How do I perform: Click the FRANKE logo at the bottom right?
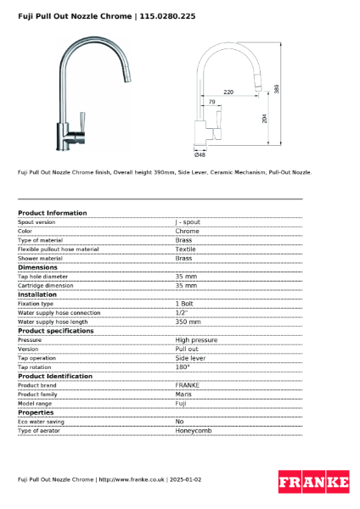(x=313, y=483)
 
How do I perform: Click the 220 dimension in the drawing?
(x=228, y=90)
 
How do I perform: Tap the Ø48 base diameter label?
(x=200, y=154)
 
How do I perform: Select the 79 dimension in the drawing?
(x=212, y=102)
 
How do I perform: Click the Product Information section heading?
(x=52, y=213)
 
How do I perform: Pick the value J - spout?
(x=188, y=221)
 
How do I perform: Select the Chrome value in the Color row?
(x=187, y=231)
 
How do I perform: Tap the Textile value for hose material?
(x=186, y=249)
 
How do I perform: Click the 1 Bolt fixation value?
(x=185, y=304)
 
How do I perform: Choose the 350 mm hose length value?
(x=188, y=322)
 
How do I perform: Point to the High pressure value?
(x=196, y=340)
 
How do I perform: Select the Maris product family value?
(x=184, y=394)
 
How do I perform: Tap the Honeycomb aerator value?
(x=193, y=431)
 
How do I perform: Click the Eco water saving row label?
(x=41, y=422)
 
